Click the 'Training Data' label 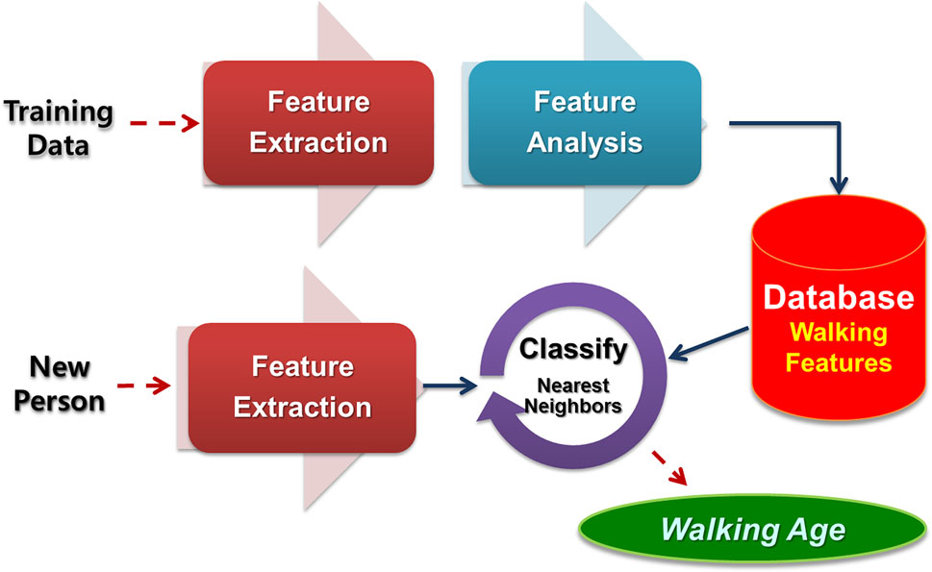[x=59, y=128]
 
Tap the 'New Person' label [x=60, y=384]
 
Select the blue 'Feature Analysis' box [x=585, y=123]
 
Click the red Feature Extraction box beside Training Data [x=318, y=123]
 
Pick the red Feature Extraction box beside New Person [x=303, y=387]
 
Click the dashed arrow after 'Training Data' [x=164, y=123]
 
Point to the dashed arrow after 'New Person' [x=144, y=385]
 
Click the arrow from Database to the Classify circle [x=709, y=344]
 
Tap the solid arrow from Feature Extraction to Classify [x=450, y=386]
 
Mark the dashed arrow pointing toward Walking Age [x=669, y=468]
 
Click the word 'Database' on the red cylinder [x=838, y=297]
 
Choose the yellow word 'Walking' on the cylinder [x=838, y=334]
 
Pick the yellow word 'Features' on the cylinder [x=838, y=362]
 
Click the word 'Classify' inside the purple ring [x=573, y=349]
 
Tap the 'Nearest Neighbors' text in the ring [x=573, y=395]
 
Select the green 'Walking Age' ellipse [x=753, y=529]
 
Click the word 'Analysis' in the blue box [x=585, y=143]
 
